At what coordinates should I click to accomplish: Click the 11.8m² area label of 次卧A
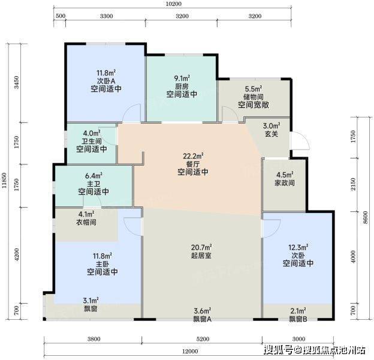pyautogui.click(x=106, y=73)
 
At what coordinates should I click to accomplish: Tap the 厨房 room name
pyautogui.click(x=182, y=86)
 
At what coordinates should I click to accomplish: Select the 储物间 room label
pyautogui.click(x=254, y=97)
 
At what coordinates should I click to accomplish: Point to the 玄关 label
pyautogui.click(x=272, y=134)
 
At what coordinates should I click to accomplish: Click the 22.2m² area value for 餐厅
pyautogui.click(x=193, y=156)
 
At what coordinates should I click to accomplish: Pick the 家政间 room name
pyautogui.click(x=285, y=183)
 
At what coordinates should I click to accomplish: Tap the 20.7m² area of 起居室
pyautogui.click(x=201, y=247)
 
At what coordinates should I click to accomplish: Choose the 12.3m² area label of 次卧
pyautogui.click(x=298, y=247)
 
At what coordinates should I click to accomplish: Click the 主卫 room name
pyautogui.click(x=93, y=184)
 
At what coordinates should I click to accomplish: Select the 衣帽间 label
pyautogui.click(x=86, y=222)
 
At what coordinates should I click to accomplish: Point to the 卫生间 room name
pyautogui.click(x=92, y=141)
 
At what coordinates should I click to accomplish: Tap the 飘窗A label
pyautogui.click(x=202, y=319)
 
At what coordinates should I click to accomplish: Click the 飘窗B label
pyautogui.click(x=298, y=319)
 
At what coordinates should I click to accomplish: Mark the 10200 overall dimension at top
pyautogui.click(x=174, y=4)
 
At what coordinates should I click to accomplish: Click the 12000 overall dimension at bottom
pyautogui.click(x=190, y=351)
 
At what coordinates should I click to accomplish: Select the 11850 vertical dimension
pyautogui.click(x=4, y=181)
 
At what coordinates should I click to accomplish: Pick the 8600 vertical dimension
pyautogui.click(x=365, y=218)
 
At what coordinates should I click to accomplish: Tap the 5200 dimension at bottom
pyautogui.click(x=203, y=339)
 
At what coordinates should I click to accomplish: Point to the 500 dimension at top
pyautogui.click(x=61, y=16)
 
